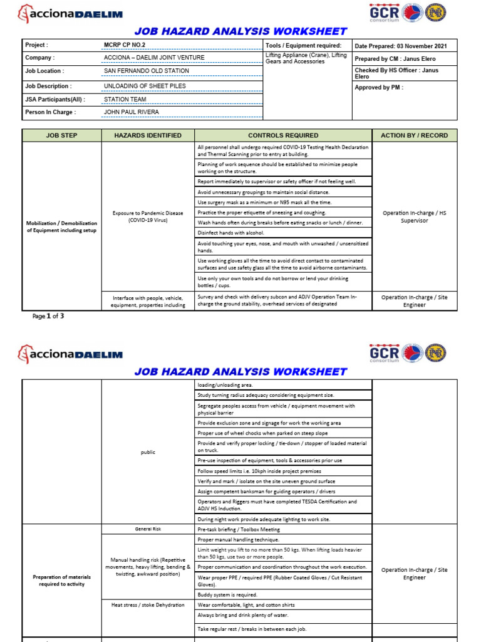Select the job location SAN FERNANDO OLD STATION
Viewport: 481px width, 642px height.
pyautogui.click(x=146, y=71)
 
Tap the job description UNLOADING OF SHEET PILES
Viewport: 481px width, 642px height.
pyautogui.click(x=145, y=86)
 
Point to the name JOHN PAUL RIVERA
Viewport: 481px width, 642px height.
pyautogui.click(x=131, y=112)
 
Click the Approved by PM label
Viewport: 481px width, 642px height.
pyautogui.click(x=379, y=88)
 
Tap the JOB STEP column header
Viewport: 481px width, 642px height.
pyautogui.click(x=61, y=135)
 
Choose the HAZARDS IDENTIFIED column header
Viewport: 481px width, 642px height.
pyautogui.click(x=148, y=135)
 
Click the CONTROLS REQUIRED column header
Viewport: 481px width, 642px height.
pyautogui.click(x=283, y=135)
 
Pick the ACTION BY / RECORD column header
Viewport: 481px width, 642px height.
pyautogui.click(x=415, y=135)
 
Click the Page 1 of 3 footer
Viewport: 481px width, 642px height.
pyautogui.click(x=48, y=317)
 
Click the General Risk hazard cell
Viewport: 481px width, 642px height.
pyautogui.click(x=148, y=530)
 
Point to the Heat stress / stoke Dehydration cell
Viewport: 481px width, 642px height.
pyautogui.click(x=148, y=605)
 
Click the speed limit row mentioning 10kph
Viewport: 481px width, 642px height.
pyautogui.click(x=259, y=471)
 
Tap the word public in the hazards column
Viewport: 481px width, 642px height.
pyautogui.click(x=148, y=452)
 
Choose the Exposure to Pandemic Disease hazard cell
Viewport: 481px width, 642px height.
pyautogui.click(x=148, y=217)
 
